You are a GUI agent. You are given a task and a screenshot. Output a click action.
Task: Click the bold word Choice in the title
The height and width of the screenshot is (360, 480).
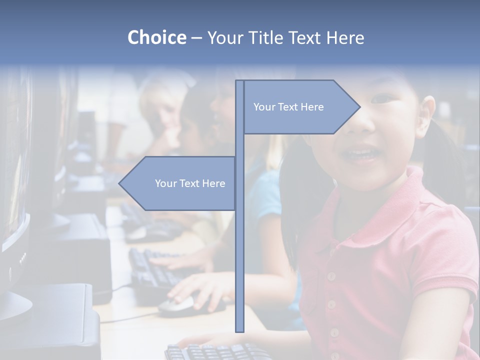tap(156, 37)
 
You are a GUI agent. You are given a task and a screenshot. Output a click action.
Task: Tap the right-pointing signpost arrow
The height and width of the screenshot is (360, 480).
tap(300, 107)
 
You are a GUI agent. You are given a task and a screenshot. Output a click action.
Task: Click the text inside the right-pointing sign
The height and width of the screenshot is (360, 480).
tap(288, 107)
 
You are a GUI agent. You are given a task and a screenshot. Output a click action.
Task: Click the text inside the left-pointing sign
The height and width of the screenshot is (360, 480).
tap(190, 183)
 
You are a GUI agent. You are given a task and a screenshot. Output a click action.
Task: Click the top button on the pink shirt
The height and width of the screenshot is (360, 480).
tap(330, 275)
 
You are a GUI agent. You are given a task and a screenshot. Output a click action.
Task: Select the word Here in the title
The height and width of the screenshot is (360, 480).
tap(345, 37)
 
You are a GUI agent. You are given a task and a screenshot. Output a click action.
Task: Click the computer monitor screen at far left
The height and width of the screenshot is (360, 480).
tap(12, 165)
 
